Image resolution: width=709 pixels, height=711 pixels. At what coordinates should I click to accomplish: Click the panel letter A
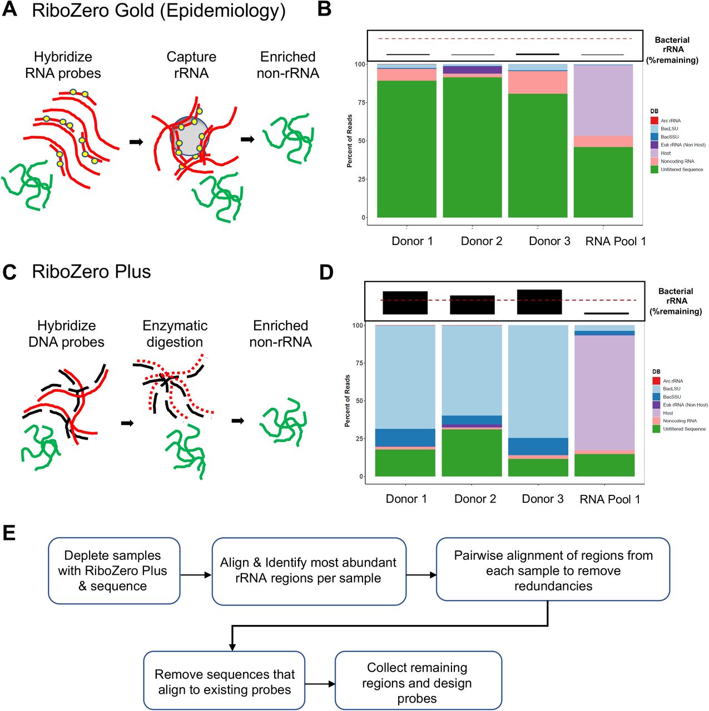[x=9, y=9]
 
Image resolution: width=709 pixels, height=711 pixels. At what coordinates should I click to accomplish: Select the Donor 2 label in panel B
[x=481, y=241]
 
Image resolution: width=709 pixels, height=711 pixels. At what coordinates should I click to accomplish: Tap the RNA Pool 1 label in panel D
[x=609, y=499]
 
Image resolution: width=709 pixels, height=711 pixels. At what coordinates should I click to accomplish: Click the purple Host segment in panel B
[x=603, y=100]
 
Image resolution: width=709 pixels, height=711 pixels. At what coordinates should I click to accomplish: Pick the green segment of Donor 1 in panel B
[x=406, y=149]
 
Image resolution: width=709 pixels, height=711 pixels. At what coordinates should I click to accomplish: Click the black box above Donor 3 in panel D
[x=539, y=302]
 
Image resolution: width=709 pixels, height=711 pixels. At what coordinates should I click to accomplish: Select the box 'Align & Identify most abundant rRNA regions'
[x=309, y=570]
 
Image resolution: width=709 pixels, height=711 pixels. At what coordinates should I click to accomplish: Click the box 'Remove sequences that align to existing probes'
[x=224, y=681]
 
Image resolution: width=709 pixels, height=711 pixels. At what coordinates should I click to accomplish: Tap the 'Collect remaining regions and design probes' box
[x=418, y=682]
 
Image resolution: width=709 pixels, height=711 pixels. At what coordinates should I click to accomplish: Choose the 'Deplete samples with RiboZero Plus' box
[x=113, y=570]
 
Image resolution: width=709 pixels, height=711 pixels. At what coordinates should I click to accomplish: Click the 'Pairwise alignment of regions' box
[x=553, y=570]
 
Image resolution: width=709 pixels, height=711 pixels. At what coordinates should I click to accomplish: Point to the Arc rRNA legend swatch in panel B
[x=654, y=121]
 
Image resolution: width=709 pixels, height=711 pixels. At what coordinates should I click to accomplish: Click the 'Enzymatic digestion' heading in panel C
[x=175, y=334]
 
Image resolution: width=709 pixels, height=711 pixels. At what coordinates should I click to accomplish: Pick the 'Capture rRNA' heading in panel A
[x=191, y=64]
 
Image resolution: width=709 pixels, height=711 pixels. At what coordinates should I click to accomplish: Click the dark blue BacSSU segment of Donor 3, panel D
[x=538, y=446]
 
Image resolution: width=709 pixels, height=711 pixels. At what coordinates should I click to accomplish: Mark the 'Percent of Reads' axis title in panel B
[x=349, y=141]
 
